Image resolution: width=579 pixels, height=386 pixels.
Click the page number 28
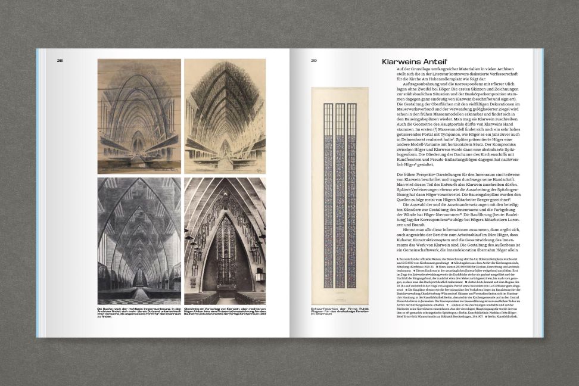pyautogui.click(x=60, y=60)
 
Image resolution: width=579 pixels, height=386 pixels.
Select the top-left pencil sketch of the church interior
pyautogui.click(x=139, y=116)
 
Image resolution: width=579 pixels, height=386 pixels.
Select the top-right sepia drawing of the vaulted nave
pyautogui.click(x=225, y=116)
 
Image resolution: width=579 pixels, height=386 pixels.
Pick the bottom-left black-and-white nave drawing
pyautogui.click(x=139, y=240)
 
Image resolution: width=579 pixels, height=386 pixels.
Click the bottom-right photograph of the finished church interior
pyautogui.click(x=225, y=240)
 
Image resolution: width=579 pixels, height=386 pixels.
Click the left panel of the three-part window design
pyautogui.click(x=328, y=197)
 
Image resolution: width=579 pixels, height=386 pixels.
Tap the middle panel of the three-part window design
pyautogui.click(x=340, y=197)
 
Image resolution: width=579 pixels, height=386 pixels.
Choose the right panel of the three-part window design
pyautogui.click(x=351, y=197)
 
